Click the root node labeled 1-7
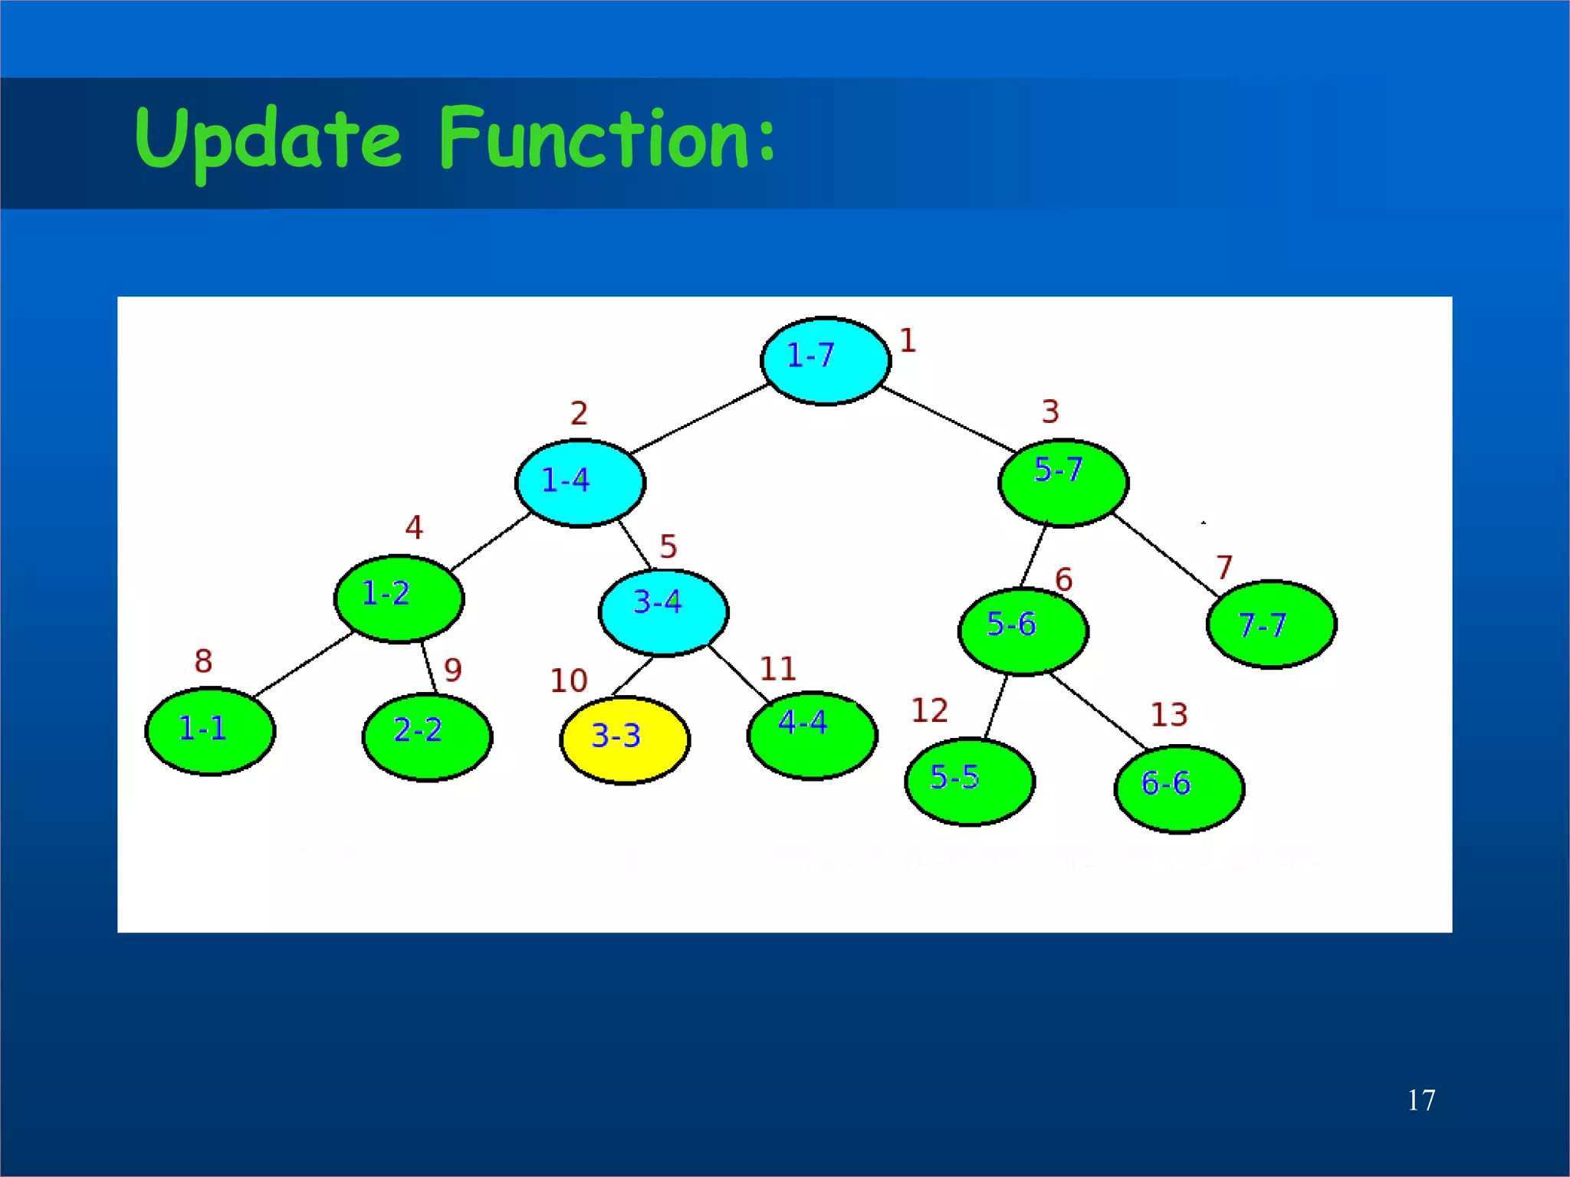pyautogui.click(x=826, y=360)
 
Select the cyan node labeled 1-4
pyautogui.click(x=580, y=483)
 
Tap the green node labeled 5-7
pyautogui.click(x=1063, y=483)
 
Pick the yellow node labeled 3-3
pyautogui.click(x=625, y=739)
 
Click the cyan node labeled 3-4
pyautogui.click(x=663, y=612)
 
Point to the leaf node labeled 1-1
pyautogui.click(x=210, y=731)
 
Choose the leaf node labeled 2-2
pyautogui.click(x=427, y=736)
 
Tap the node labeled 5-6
pyautogui.click(x=1023, y=631)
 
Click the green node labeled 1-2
pyautogui.click(x=399, y=598)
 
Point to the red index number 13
pyautogui.click(x=1168, y=715)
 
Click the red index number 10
pyautogui.click(x=568, y=680)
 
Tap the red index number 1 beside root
pyautogui.click(x=908, y=340)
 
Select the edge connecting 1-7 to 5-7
pyautogui.click(x=948, y=418)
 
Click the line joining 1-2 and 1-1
pyautogui.click(x=303, y=664)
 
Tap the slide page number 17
pyautogui.click(x=1421, y=1100)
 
